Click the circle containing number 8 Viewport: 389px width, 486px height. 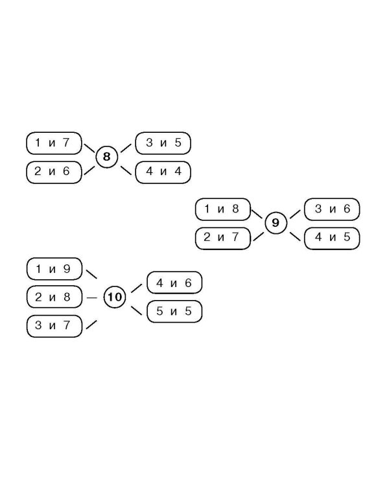pyautogui.click(x=107, y=157)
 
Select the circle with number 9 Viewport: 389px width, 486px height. pyautogui.click(x=276, y=223)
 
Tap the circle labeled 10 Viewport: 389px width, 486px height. pyautogui.click(x=115, y=297)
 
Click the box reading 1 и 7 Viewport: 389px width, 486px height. pyautogui.click(x=54, y=143)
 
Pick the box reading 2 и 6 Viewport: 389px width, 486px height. pyautogui.click(x=54, y=172)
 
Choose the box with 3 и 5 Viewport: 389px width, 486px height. pyautogui.click(x=163, y=143)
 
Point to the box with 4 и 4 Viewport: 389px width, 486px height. pyautogui.click(x=163, y=172)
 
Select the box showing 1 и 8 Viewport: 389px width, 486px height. pyautogui.click(x=223, y=209)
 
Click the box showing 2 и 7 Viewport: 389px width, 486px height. pyautogui.click(x=223, y=238)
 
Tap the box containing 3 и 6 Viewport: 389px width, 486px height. pyautogui.click(x=332, y=209)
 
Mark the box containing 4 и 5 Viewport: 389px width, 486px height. pyautogui.click(x=332, y=238)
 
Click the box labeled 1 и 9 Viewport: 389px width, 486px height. pyautogui.click(x=54, y=269)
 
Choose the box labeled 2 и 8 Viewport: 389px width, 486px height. pyautogui.click(x=54, y=297)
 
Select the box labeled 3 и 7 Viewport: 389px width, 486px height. pyautogui.click(x=54, y=326)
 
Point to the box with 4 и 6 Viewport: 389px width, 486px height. pyautogui.click(x=174, y=283)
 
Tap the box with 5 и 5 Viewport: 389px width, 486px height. pyautogui.click(x=174, y=311)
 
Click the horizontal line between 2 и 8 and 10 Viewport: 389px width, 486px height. pyautogui.click(x=92, y=298)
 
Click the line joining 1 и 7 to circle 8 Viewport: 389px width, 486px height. pyautogui.click(x=89, y=148)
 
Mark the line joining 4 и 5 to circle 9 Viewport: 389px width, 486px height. pyautogui.click(x=296, y=236)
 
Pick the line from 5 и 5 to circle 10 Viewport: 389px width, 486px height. pyautogui.click(x=137, y=310)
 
